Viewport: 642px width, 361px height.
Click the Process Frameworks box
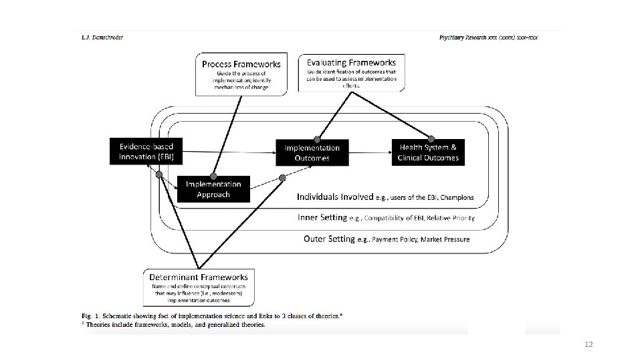(242, 74)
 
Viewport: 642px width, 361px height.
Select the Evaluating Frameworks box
(351, 72)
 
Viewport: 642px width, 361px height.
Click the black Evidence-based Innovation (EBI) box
(146, 151)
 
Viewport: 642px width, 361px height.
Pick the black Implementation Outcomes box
(312, 152)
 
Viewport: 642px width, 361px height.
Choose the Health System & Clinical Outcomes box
(428, 152)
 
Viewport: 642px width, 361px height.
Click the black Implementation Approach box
(213, 189)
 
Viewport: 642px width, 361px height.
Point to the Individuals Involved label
(334, 197)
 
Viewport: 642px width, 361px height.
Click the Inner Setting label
(322, 217)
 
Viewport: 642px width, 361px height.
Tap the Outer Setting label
(329, 239)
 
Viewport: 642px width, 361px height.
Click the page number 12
(588, 344)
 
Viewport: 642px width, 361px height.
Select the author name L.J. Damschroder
(102, 37)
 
